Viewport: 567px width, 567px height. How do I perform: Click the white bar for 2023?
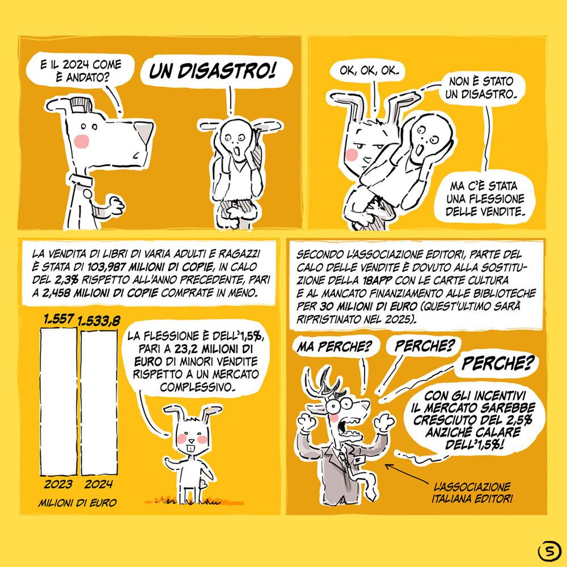click(58, 401)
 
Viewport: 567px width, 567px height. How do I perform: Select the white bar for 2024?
click(99, 403)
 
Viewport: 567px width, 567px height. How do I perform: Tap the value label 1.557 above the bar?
click(58, 319)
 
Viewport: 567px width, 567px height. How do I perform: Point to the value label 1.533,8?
click(99, 321)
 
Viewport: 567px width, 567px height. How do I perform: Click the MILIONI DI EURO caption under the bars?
click(77, 502)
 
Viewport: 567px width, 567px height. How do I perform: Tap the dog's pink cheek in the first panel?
click(81, 141)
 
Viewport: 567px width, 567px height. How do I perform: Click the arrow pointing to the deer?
click(407, 473)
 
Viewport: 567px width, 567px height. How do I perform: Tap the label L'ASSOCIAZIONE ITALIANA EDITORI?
click(472, 493)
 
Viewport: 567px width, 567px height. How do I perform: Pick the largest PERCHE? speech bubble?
click(497, 363)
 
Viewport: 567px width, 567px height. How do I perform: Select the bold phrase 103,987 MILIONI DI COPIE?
click(150, 267)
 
